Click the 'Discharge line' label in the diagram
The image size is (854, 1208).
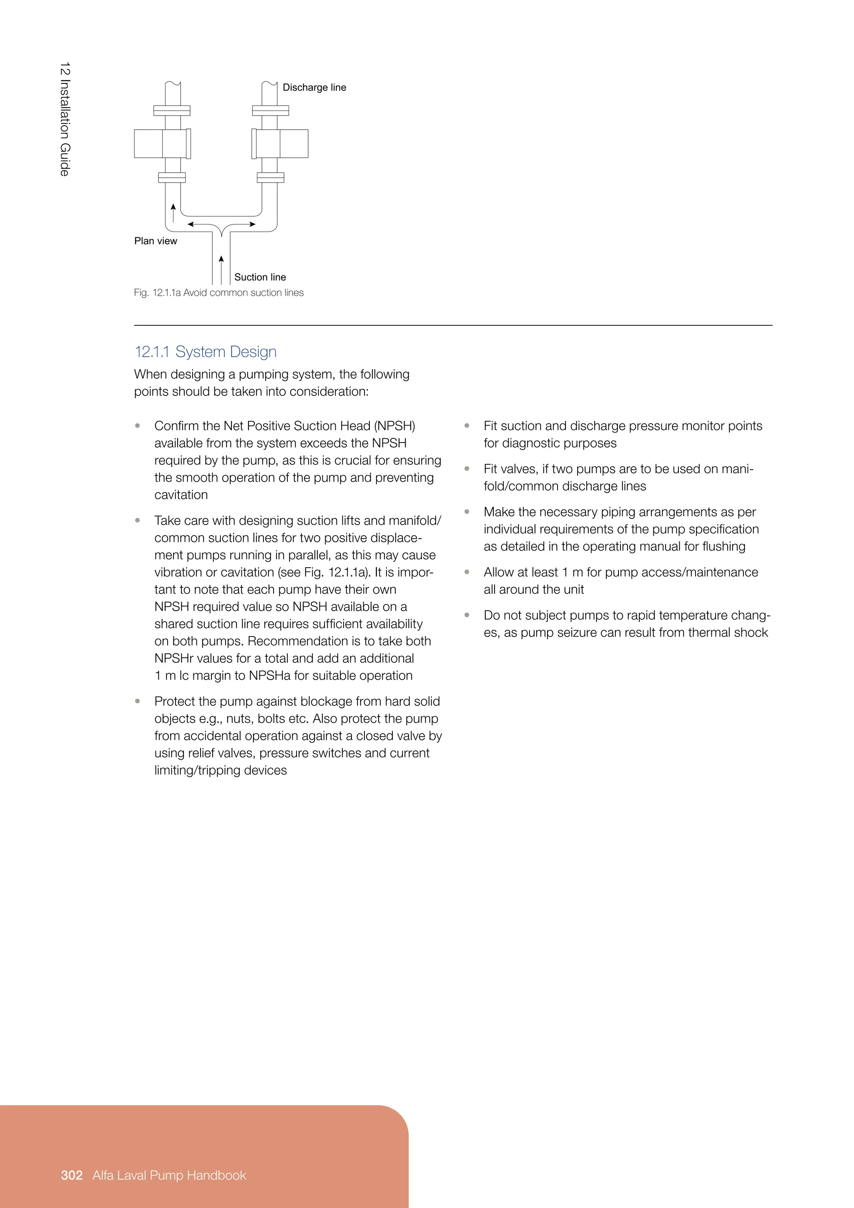[314, 87]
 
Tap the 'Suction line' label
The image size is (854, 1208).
[260, 277]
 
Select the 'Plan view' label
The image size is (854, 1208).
[156, 241]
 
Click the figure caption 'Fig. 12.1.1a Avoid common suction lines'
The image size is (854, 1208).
[219, 292]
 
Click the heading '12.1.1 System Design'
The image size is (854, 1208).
[206, 352]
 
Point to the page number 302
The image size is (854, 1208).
[72, 1175]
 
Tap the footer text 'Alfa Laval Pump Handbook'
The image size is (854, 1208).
[169, 1175]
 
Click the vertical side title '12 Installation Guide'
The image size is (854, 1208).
[65, 119]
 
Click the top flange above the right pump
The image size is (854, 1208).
[270, 111]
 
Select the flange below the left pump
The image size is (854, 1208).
[172, 178]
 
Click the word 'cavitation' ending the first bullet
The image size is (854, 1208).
[181, 495]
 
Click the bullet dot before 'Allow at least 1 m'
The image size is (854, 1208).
[467, 572]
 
